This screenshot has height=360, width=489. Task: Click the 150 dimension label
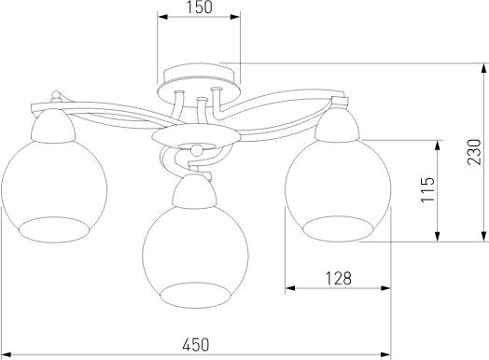(200, 7)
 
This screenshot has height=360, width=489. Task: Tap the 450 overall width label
(196, 345)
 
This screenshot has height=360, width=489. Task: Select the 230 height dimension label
(474, 152)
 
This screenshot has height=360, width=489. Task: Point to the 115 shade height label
(427, 190)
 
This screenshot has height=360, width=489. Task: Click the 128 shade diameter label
(339, 278)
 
